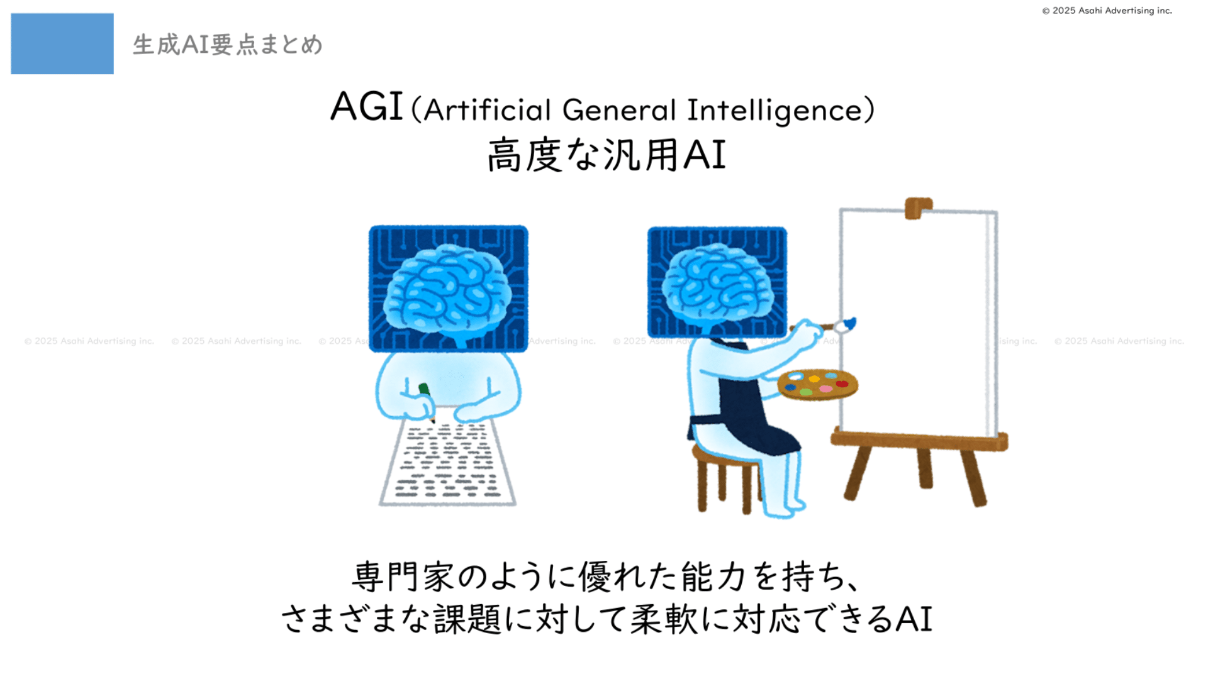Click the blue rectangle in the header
62,43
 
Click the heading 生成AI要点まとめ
228,45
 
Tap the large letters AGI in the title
366,106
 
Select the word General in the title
619,110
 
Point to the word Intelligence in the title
775,111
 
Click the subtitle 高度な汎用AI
607,155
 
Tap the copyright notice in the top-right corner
1107,11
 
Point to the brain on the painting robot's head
718,286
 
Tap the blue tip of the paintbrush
849,324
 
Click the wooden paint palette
818,384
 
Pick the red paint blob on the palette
842,384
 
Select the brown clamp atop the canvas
918,208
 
